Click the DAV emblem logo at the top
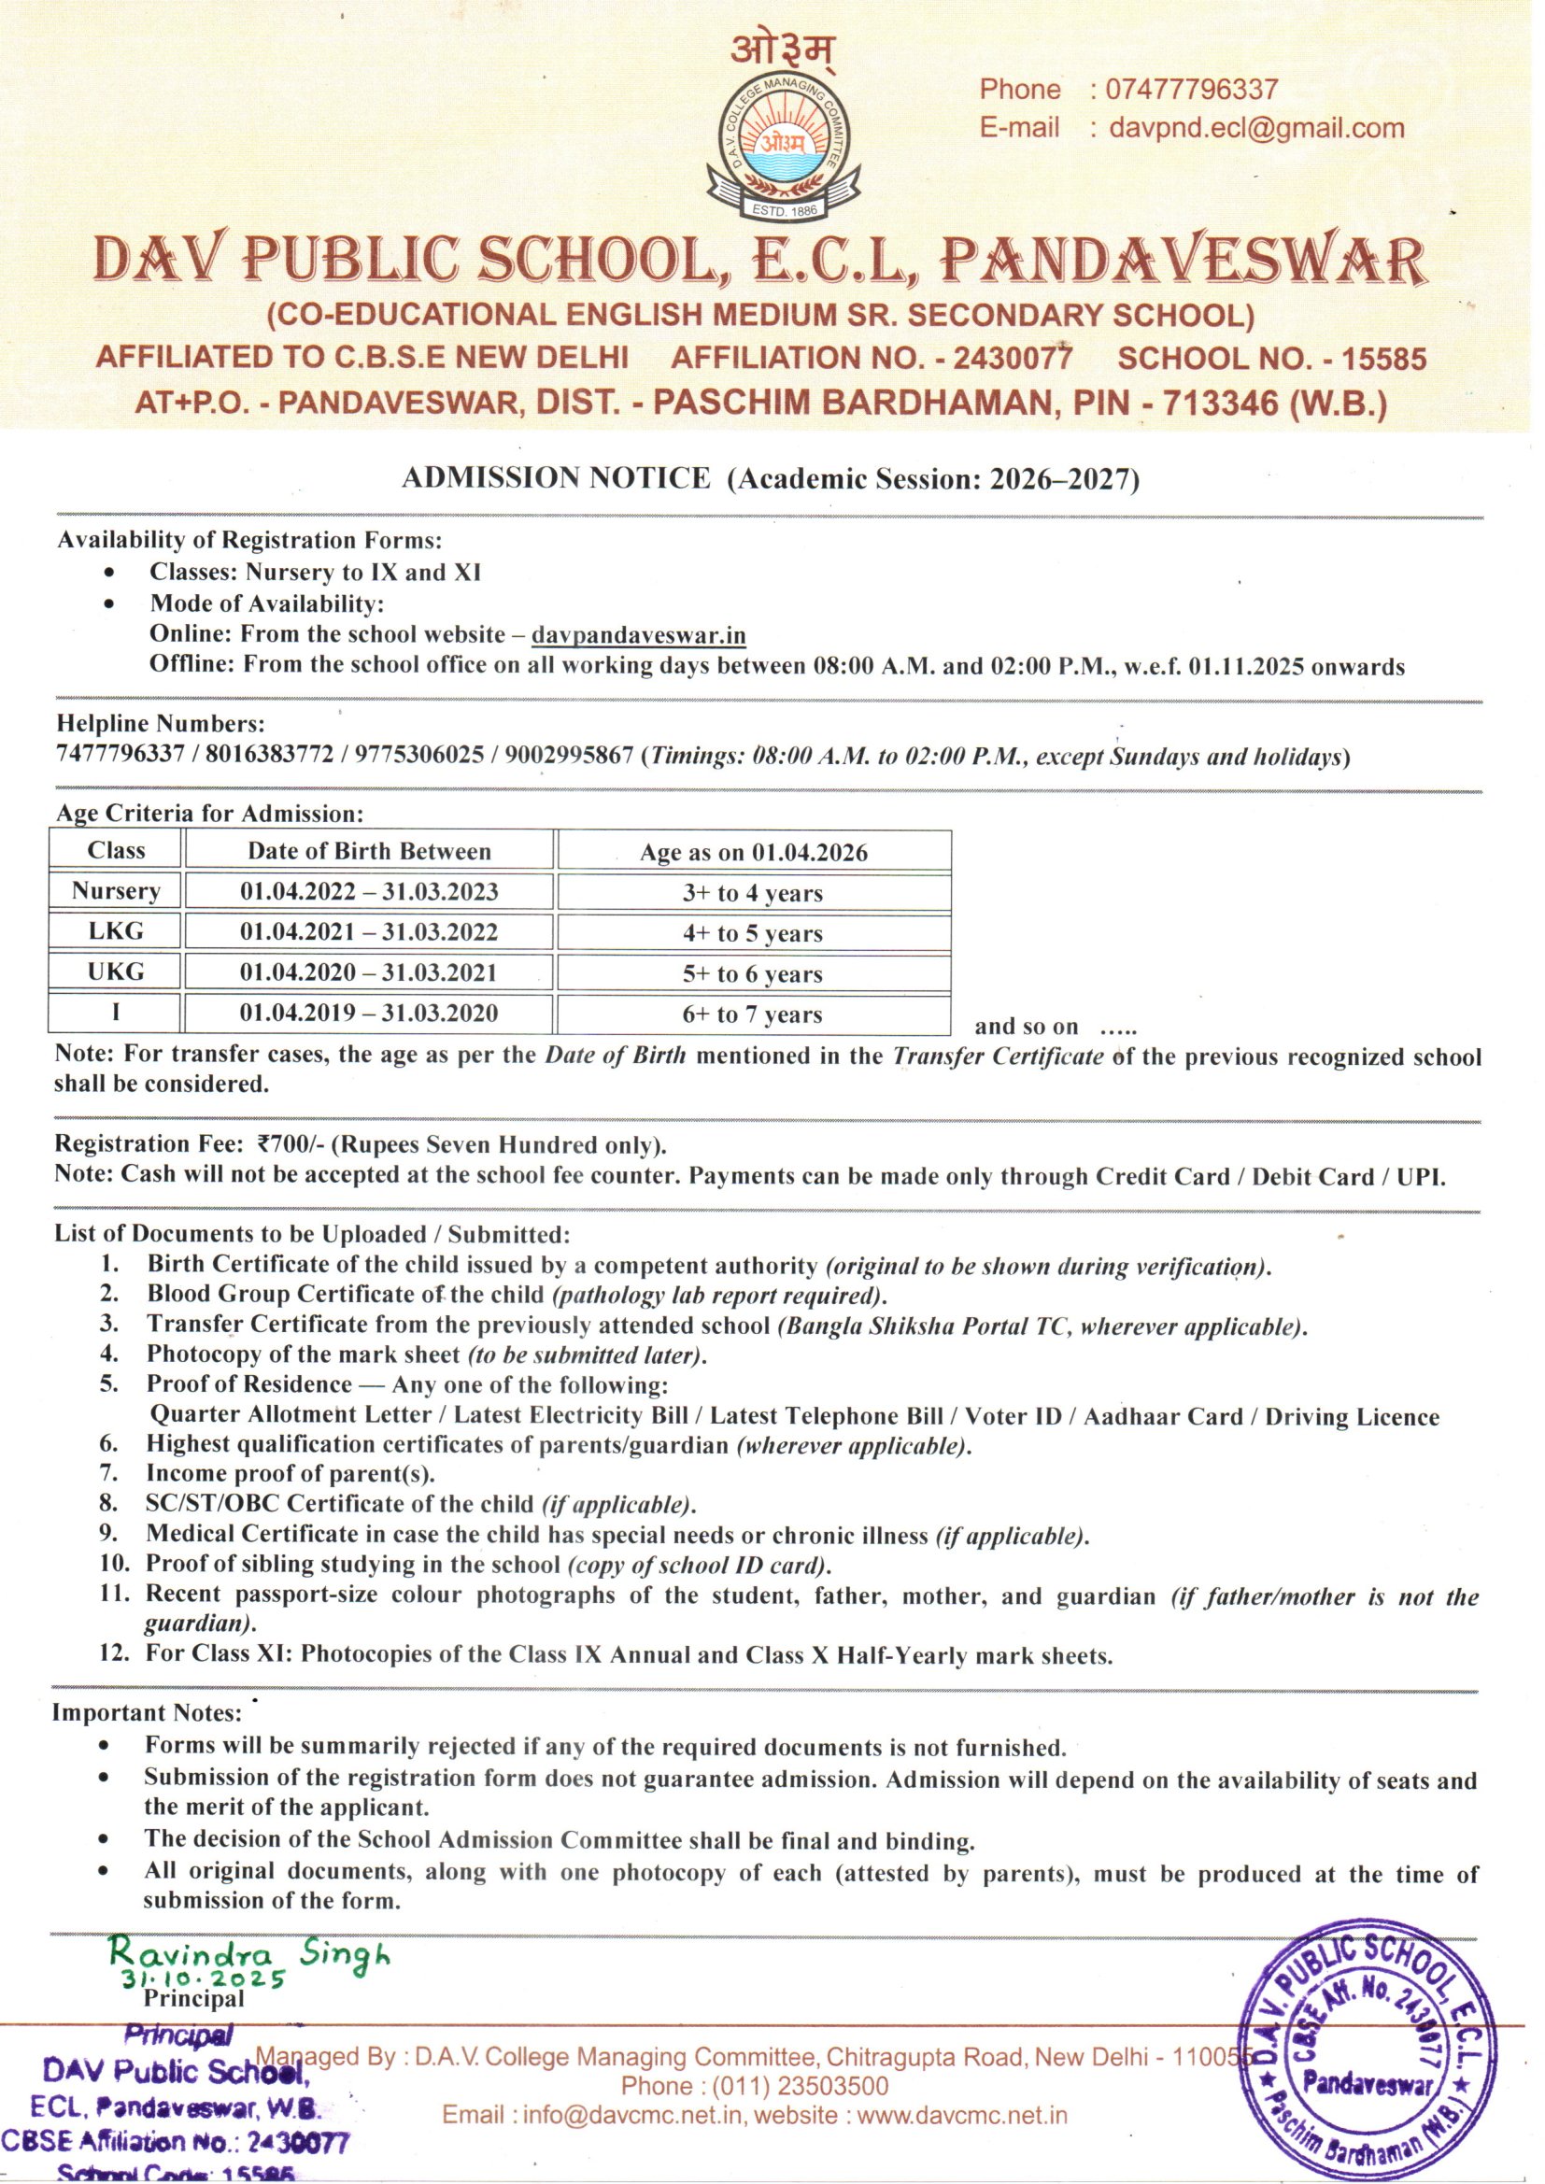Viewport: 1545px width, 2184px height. pyautogui.click(x=784, y=143)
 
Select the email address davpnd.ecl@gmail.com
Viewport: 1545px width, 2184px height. pyautogui.click(x=1255, y=127)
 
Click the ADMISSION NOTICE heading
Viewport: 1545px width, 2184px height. pyautogui.click(x=556, y=477)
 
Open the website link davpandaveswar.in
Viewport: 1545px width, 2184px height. pyautogui.click(x=638, y=634)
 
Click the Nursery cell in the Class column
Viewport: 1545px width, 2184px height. pyautogui.click(x=115, y=891)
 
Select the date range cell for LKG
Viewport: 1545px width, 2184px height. pyautogui.click(x=368, y=932)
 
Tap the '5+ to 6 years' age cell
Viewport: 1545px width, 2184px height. pyautogui.click(x=752, y=974)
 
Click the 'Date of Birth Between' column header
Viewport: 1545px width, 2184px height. pyautogui.click(x=369, y=851)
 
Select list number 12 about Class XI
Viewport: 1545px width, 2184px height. pyautogui.click(x=114, y=1654)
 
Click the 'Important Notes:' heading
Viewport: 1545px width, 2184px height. pyautogui.click(x=148, y=1713)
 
